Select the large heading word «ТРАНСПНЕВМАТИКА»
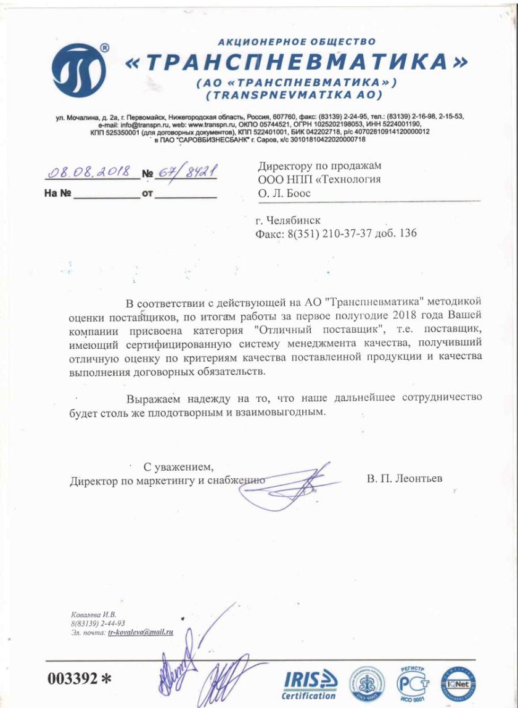click(x=297, y=63)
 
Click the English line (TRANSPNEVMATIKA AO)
click(x=295, y=95)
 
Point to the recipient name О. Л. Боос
click(x=284, y=193)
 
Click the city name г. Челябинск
click(x=287, y=220)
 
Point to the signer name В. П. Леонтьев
click(x=404, y=479)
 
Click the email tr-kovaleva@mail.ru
click(x=141, y=632)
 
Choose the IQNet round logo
click(x=457, y=683)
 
